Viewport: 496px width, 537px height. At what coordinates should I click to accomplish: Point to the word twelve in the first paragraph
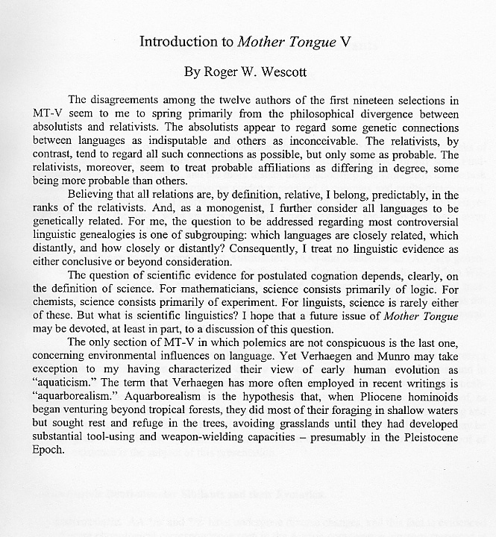coord(264,100)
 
